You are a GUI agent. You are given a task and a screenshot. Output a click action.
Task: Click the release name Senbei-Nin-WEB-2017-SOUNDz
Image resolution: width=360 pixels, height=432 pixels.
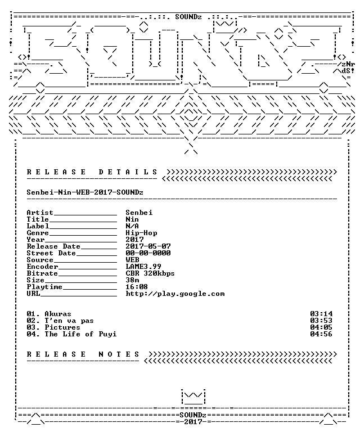pos(85,192)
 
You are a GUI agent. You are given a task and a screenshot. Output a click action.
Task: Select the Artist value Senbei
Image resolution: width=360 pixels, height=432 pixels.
pos(139,213)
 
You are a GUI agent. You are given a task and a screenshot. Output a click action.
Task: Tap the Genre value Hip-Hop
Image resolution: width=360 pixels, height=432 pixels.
pos(141,233)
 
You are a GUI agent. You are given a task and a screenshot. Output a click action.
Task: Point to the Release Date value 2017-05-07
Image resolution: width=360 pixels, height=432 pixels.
pos(148,246)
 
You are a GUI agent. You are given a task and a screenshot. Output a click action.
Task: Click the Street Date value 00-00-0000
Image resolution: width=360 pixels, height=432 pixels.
pos(148,253)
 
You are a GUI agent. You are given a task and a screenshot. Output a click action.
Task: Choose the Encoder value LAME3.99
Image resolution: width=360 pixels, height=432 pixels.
pos(143,267)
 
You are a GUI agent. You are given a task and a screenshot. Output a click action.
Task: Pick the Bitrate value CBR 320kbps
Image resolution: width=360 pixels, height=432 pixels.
pos(150,273)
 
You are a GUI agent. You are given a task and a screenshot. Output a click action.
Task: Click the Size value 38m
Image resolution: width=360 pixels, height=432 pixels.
pos(133,280)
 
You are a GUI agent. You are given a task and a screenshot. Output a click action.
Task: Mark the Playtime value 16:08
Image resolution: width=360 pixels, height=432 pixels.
pos(137,287)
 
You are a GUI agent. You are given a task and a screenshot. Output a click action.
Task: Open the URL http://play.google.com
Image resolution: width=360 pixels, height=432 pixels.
pos(175,294)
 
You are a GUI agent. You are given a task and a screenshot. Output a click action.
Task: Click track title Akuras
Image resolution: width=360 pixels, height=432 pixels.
pos(58,314)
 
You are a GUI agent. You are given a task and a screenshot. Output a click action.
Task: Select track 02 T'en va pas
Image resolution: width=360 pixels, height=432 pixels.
pos(60,321)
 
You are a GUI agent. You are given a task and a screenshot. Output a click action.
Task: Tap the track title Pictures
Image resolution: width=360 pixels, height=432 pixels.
pos(62,327)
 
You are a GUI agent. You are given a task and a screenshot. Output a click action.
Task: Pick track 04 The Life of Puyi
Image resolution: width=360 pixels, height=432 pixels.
pos(71,334)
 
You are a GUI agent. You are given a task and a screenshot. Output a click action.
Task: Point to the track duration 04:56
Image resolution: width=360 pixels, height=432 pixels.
pos(321,334)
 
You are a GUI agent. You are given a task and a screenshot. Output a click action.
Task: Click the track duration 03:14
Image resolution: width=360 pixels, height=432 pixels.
pos(321,314)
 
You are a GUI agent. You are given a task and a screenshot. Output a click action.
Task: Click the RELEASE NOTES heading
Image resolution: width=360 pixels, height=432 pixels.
pos(83,354)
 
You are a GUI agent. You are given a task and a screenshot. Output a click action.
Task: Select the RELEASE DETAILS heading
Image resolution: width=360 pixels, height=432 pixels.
pos(92,172)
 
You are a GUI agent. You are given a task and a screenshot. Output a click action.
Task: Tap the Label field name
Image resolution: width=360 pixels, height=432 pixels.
pos(38,226)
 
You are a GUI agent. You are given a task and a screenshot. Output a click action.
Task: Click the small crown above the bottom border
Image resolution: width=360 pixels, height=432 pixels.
pos(193,397)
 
